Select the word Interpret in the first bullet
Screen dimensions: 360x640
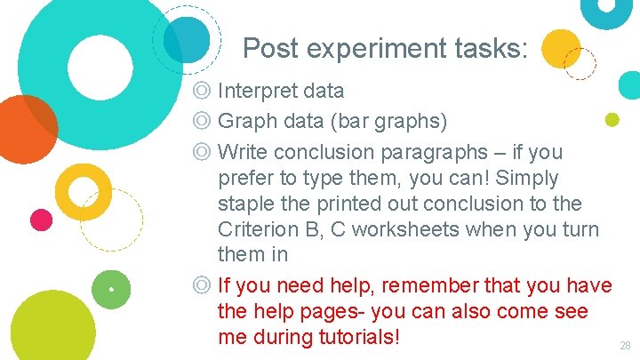[254, 91]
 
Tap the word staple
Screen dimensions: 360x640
[244, 204]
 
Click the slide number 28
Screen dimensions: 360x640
[624, 345]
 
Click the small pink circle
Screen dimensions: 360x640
[41, 220]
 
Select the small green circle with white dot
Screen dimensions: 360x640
[111, 289]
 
